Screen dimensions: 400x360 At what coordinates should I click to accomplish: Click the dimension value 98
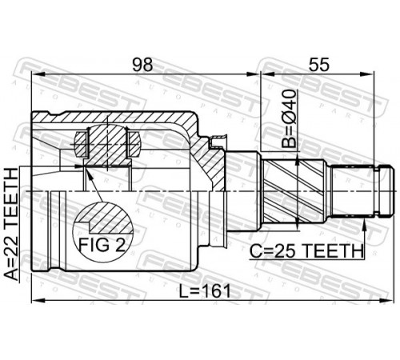pyautogui.click(x=143, y=65)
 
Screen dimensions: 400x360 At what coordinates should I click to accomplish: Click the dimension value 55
pyautogui.click(x=319, y=65)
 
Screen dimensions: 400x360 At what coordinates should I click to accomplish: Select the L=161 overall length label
pyautogui.click(x=205, y=290)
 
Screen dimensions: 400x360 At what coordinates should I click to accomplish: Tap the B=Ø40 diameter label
pyautogui.click(x=290, y=118)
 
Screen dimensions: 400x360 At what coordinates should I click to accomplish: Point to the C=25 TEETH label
pyautogui.click(x=306, y=250)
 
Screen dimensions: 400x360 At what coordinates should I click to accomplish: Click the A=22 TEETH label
pyautogui.click(x=12, y=225)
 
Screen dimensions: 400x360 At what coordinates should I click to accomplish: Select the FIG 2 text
pyautogui.click(x=102, y=245)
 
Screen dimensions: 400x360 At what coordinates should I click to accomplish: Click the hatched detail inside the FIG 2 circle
pyautogui.click(x=104, y=218)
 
